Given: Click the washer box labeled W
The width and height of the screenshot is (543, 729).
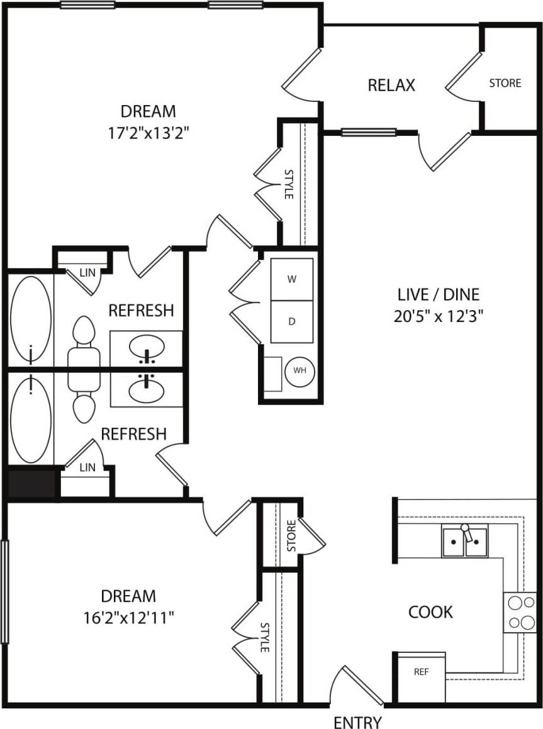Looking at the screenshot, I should (x=292, y=279).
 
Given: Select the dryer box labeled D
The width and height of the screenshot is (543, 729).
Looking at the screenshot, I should (x=292, y=321).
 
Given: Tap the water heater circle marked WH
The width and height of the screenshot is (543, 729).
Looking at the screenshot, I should (x=299, y=370).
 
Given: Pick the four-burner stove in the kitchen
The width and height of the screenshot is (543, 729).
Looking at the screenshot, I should (x=520, y=612).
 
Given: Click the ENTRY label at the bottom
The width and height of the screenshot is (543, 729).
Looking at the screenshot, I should (x=357, y=721).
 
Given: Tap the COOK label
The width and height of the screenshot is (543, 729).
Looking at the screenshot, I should (x=430, y=611).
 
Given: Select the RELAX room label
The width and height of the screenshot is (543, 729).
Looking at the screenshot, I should (x=391, y=85).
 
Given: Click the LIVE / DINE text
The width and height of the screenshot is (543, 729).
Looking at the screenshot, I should (x=438, y=294).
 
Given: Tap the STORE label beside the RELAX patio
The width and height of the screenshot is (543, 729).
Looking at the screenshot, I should (x=505, y=82).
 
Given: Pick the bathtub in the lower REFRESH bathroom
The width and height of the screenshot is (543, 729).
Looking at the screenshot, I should (x=31, y=418).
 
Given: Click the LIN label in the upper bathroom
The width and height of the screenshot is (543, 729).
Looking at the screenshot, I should (x=87, y=273).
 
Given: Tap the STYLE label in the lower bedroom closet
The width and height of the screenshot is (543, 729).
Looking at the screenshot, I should (x=265, y=637).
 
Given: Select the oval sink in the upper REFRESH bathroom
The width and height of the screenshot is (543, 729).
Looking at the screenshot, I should (x=147, y=347).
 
